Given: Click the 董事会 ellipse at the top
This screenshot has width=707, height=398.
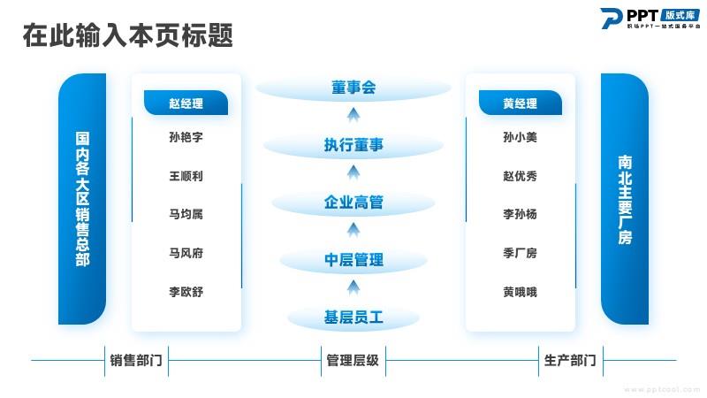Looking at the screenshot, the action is tap(353, 88).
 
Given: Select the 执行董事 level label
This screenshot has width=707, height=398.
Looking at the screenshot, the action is tap(353, 145).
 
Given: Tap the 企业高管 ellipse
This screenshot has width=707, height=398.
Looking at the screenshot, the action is tap(353, 203).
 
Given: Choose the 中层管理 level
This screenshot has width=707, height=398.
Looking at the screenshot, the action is tap(353, 260).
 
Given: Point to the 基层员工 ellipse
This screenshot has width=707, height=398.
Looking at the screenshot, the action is tap(353, 318).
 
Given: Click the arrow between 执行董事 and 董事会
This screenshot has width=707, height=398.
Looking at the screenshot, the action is tap(353, 115).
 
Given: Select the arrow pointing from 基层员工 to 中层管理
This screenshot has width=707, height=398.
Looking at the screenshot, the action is tap(353, 287).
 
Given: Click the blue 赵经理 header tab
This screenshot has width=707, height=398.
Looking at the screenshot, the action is tap(186, 103).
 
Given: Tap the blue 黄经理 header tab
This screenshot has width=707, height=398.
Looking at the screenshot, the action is tap(521, 103).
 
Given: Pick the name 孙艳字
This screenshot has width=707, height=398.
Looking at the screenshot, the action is tap(186, 137).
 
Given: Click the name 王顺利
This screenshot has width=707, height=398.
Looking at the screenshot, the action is tap(186, 176).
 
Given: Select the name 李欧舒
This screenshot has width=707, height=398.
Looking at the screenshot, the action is tap(186, 292).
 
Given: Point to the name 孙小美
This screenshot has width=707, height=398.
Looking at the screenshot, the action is tap(520, 137).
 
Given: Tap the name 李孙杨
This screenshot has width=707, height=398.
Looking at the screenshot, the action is tap(520, 214).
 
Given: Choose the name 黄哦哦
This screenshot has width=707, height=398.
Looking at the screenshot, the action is tap(520, 292).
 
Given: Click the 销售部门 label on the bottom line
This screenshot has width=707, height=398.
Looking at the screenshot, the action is tap(136, 361).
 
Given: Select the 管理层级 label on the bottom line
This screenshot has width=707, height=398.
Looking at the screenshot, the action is tap(353, 361).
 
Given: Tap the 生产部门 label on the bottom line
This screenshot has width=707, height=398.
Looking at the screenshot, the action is tap(570, 361).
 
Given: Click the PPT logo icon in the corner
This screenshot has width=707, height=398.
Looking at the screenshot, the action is tap(612, 19).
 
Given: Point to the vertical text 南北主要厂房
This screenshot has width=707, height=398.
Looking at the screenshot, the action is tap(625, 200).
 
